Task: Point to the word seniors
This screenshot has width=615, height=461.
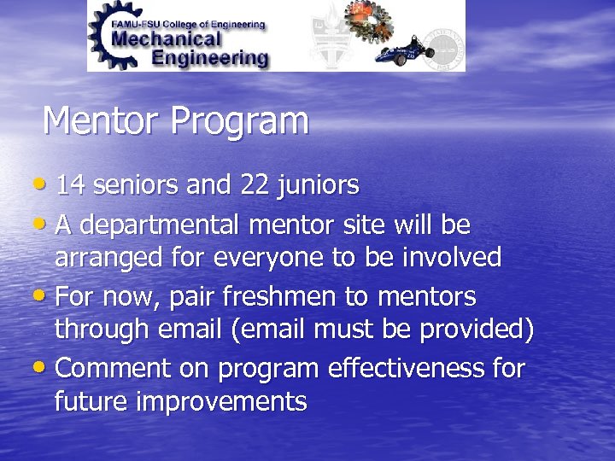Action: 135,184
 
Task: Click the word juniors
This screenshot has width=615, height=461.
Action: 321,184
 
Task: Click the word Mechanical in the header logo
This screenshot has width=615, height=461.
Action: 167,38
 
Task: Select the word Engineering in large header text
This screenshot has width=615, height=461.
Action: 208,58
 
